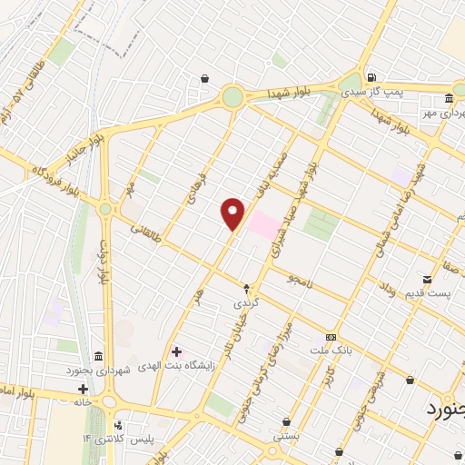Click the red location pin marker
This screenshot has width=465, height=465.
[233, 213]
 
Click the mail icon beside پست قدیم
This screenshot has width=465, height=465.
[428, 278]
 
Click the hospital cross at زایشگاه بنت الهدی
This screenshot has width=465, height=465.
[176, 351]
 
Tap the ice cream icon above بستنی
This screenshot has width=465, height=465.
[287, 422]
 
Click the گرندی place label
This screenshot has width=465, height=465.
[246, 301]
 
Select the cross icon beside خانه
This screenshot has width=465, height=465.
[84, 388]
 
